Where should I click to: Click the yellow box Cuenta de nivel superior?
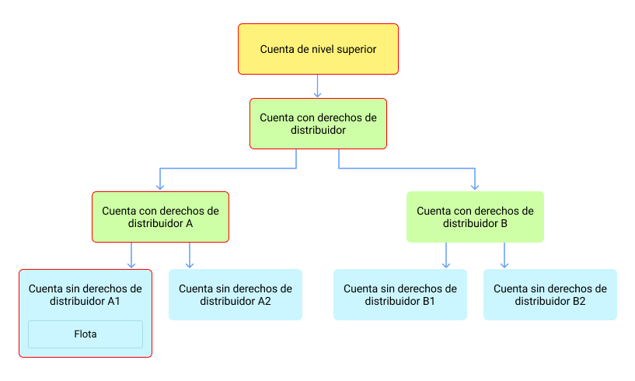318,49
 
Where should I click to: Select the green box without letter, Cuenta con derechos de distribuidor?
318,124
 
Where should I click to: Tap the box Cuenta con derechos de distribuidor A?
160,216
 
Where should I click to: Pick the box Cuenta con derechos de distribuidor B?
475,216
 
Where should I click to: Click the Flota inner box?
85,334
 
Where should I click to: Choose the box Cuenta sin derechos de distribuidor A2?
236,295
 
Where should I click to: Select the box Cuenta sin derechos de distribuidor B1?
400,295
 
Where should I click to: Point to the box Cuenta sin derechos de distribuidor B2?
550,295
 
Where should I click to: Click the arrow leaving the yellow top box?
317,86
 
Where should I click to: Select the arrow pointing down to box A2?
190,255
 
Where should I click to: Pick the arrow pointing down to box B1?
446,255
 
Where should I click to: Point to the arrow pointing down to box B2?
504,255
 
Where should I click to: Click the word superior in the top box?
355,49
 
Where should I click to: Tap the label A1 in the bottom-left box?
112,301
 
